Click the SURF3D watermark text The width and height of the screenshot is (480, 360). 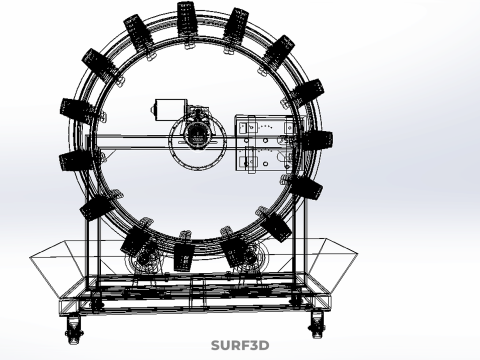pyautogui.click(x=240, y=345)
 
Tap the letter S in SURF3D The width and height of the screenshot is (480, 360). pyautogui.click(x=216, y=345)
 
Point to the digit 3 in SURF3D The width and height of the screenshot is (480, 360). pyautogui.click(x=254, y=345)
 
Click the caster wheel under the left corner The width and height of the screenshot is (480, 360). pyautogui.click(x=74, y=329)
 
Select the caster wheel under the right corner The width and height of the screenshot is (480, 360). pyautogui.click(x=316, y=324)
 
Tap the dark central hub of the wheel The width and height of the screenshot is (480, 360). pyautogui.click(x=198, y=135)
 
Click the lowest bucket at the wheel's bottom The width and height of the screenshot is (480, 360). pyautogui.click(x=183, y=257)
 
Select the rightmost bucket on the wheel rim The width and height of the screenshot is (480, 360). pyautogui.click(x=317, y=140)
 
